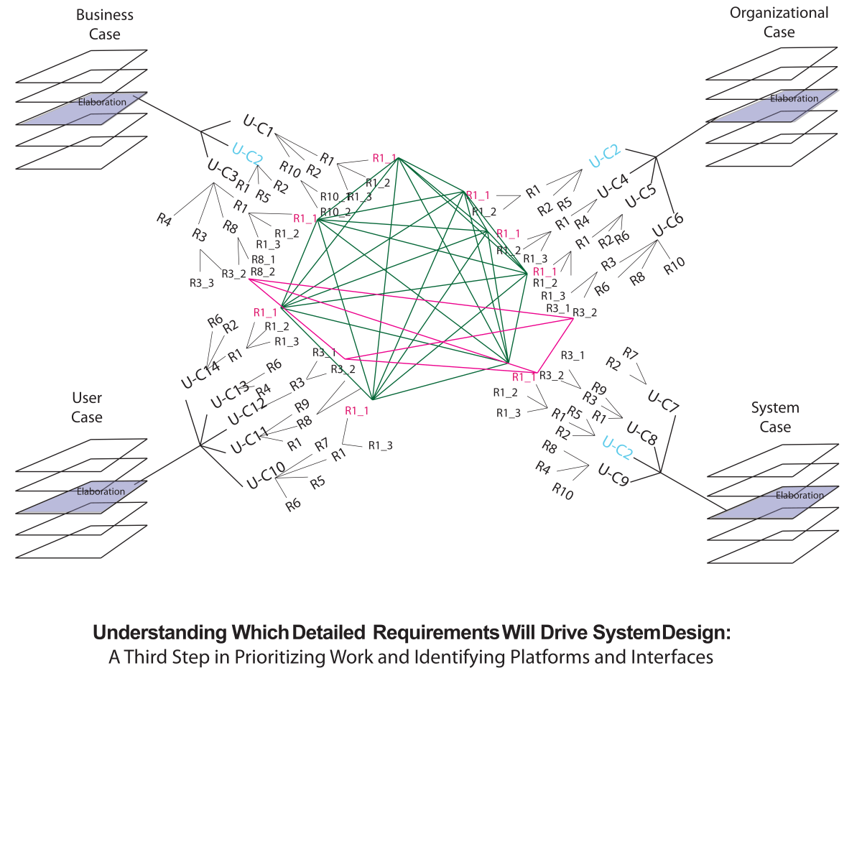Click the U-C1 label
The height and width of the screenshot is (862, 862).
tap(259, 126)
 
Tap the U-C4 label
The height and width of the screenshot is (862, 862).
tap(613, 186)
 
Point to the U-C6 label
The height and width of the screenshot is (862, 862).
tap(668, 225)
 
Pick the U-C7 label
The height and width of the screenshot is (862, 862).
tap(663, 402)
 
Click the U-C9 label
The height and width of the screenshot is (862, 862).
tap(613, 475)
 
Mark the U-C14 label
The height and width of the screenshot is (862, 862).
tap(200, 375)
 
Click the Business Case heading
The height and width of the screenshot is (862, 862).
tap(104, 24)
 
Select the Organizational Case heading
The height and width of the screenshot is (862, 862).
tap(779, 22)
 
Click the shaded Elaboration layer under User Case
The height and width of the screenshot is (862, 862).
tap(81, 497)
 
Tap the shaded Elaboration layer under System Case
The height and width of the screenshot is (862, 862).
tap(773, 501)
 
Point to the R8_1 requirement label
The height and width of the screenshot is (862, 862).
tap(263, 259)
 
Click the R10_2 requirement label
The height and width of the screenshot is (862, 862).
tap(335, 212)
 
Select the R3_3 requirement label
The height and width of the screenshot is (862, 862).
tap(202, 283)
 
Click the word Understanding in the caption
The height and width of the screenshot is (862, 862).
tap(159, 633)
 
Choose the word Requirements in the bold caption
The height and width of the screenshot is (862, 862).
tap(436, 633)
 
